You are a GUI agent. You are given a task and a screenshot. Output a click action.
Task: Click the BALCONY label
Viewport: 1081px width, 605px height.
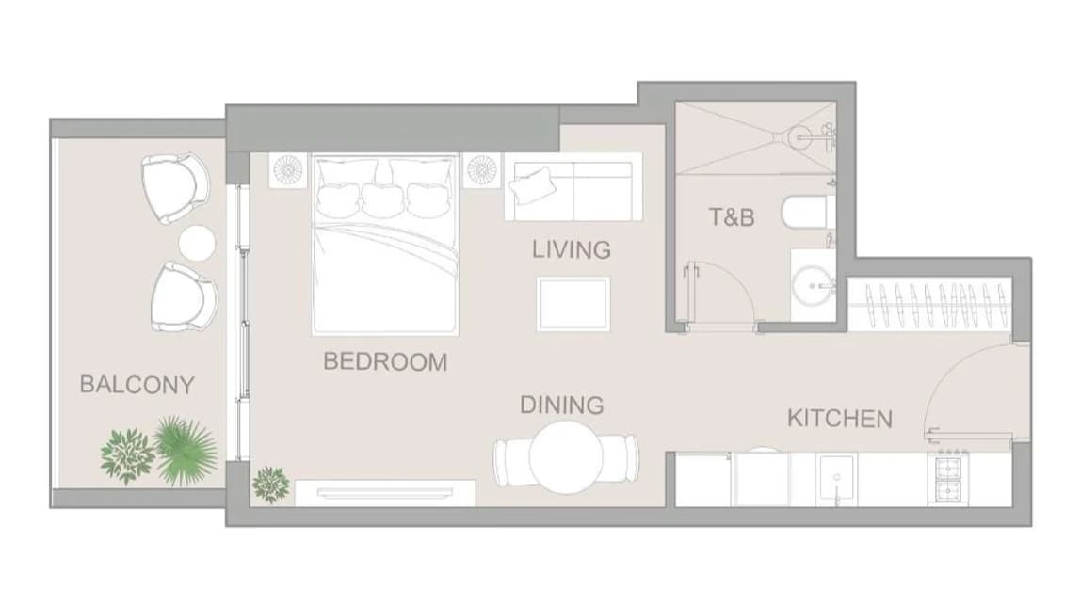(x=137, y=385)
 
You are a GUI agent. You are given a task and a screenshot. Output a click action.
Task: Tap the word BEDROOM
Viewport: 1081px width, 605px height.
(x=385, y=361)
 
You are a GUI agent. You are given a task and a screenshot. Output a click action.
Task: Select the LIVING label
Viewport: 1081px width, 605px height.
(x=572, y=249)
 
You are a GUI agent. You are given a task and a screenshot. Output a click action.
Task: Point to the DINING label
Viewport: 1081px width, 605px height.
(x=562, y=406)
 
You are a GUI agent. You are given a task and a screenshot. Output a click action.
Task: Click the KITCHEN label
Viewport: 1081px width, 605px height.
(x=840, y=419)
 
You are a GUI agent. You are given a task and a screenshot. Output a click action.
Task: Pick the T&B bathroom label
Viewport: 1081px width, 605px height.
(x=732, y=217)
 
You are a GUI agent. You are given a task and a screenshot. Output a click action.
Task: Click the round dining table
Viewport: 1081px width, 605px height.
(x=566, y=458)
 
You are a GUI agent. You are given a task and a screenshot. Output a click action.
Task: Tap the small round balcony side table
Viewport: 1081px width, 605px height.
(x=197, y=244)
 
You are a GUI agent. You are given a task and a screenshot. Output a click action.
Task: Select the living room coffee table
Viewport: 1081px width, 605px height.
(x=573, y=304)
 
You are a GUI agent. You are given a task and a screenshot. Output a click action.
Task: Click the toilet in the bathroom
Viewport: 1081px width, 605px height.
(x=808, y=211)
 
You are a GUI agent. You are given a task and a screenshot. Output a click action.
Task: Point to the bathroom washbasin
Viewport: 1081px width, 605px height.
(x=814, y=285)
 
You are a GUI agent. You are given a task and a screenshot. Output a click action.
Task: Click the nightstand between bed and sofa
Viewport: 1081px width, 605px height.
(x=481, y=169)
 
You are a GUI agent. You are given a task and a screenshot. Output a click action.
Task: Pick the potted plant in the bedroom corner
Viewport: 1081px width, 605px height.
(x=270, y=485)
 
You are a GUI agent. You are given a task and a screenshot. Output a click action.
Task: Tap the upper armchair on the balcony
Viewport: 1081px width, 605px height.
(x=175, y=188)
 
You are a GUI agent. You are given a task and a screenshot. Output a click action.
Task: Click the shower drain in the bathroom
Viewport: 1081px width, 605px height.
(x=801, y=136)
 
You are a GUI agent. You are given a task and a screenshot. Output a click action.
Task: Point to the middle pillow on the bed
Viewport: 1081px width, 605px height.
(x=383, y=199)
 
